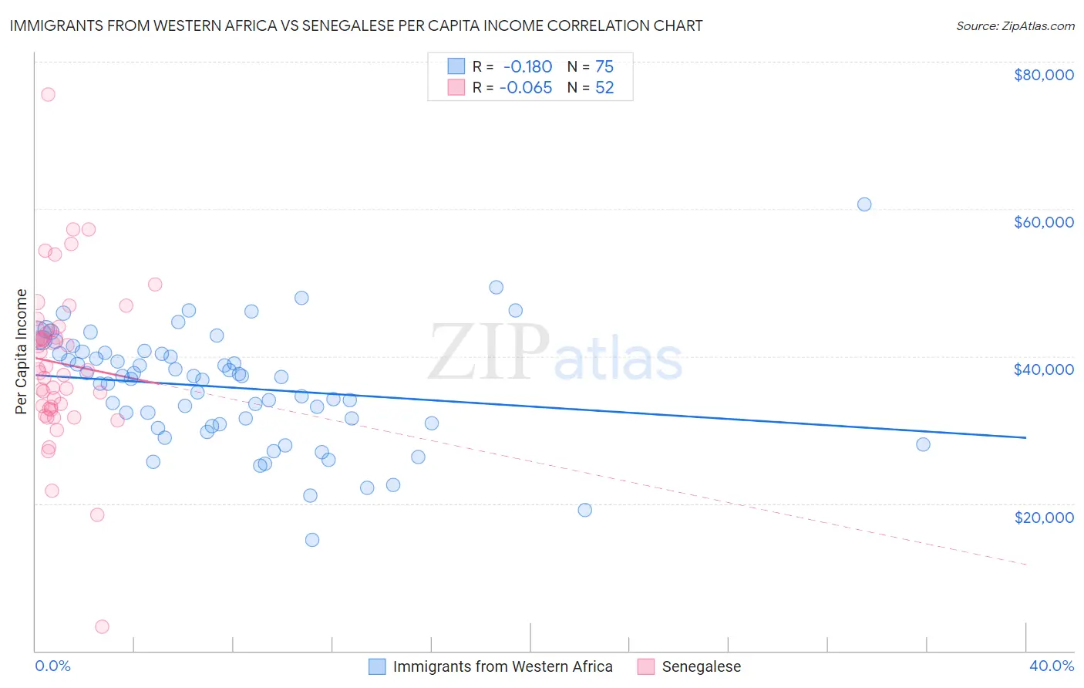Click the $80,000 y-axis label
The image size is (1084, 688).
point(1043,75)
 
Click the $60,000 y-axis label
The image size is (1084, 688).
point(1043,222)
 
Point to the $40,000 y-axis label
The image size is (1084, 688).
point(1043,369)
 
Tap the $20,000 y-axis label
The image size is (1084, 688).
point(1043,517)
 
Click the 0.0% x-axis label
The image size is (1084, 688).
point(52,666)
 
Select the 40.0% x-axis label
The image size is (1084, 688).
point(1051,666)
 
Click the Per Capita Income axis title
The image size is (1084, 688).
point(22,351)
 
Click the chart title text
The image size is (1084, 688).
point(355,25)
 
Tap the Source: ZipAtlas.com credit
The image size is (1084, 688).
point(1015,26)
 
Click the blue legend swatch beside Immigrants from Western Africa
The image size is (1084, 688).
point(376,666)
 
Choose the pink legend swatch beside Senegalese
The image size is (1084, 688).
point(645,666)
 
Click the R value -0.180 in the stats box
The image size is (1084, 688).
point(527,67)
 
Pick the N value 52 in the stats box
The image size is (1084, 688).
point(604,88)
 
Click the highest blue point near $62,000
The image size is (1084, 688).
point(864,204)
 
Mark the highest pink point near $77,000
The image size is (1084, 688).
point(48,94)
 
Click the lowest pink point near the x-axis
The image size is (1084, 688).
point(102,626)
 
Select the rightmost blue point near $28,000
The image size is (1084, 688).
point(923,444)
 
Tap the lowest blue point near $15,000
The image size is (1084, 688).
point(312,540)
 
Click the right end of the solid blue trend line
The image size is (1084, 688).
point(1025,437)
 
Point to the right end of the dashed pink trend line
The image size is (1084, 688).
point(1025,565)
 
